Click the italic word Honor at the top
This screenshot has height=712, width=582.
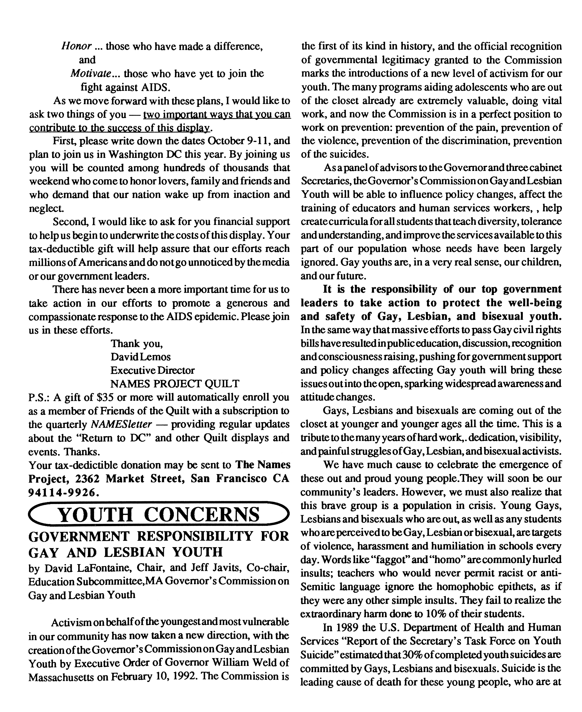coord(76,46)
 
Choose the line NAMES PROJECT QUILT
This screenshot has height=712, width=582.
coord(175,383)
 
